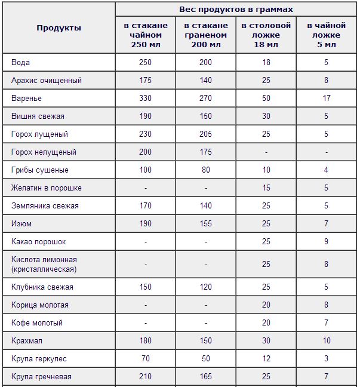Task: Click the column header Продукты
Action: point(59,28)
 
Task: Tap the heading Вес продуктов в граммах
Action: point(236,10)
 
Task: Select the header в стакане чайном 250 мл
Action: point(146,35)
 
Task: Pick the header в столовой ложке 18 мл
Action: point(266,35)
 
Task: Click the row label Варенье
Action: point(26,99)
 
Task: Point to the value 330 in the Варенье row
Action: point(145,99)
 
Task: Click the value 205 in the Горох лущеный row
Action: point(205,134)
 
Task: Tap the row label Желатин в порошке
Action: point(46,188)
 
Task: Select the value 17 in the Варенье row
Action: point(326,99)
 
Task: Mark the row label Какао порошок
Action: point(38,242)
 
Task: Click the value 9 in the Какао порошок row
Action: point(326,242)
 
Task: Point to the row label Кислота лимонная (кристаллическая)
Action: point(44,265)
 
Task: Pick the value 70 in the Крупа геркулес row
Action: point(145,359)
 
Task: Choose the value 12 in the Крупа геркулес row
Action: point(266,359)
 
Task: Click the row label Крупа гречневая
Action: point(41,377)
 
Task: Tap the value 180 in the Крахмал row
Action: point(145,341)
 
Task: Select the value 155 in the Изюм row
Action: point(205,224)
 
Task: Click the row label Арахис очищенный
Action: point(46,81)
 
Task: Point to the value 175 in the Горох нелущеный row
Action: point(205,152)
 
